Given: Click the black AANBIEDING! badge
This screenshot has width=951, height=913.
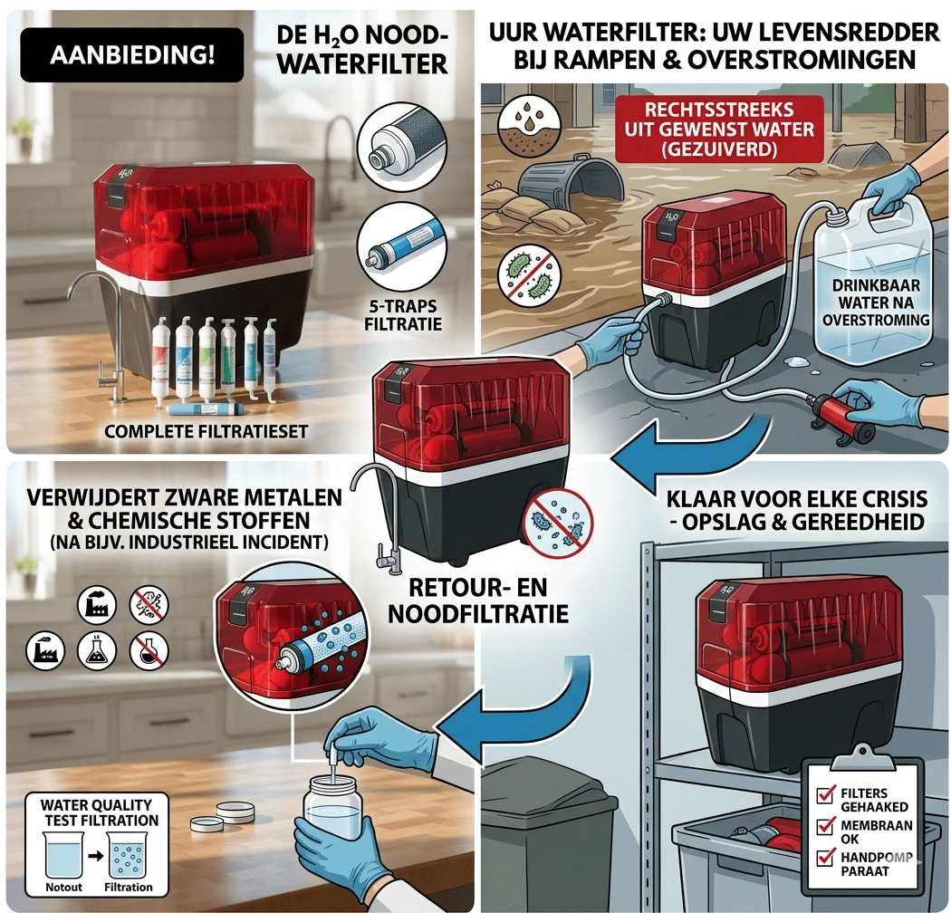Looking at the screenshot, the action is click(131, 54).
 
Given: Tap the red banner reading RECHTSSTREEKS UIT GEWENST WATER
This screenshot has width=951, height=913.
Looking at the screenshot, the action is click(719, 130).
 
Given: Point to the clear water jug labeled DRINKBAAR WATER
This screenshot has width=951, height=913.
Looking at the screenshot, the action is click(873, 285).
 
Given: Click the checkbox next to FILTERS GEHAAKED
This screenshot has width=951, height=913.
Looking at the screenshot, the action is click(824, 794).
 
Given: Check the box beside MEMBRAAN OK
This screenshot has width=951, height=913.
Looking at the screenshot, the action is click(824, 826).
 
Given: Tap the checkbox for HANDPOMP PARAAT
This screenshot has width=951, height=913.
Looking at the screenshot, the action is click(824, 858).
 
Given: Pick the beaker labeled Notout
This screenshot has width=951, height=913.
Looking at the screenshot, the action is click(63, 855).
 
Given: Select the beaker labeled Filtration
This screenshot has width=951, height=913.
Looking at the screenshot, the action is click(128, 855).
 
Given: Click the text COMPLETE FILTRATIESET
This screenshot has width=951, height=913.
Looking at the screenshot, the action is click(207, 431).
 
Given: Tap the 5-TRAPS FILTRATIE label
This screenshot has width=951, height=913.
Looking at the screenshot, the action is click(403, 315).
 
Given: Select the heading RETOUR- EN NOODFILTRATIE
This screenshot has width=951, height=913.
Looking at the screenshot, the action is click(478, 601).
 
